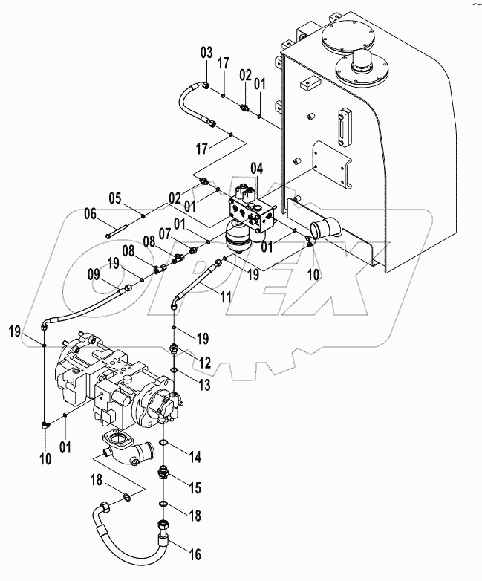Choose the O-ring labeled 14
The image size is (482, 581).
(x=164, y=444)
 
